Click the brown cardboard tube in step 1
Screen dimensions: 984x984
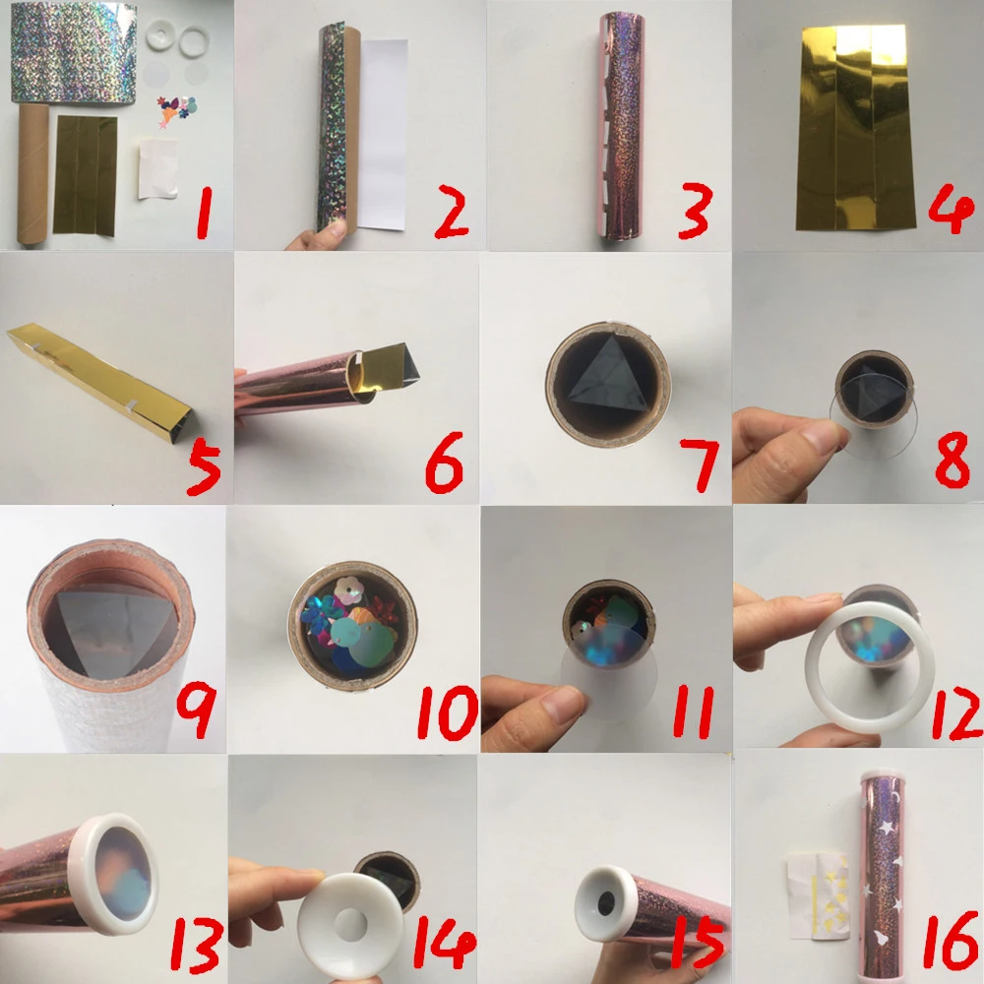pos(32,174)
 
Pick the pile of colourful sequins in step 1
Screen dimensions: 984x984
pos(176,109)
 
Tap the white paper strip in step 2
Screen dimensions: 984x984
pos(383,135)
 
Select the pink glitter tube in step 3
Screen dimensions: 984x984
pos(622,126)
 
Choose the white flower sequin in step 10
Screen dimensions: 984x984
pos(348,590)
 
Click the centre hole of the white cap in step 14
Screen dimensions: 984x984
pos(350,924)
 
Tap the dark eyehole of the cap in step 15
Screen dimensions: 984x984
pos(606,904)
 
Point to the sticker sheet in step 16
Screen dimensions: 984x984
pos(819,894)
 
